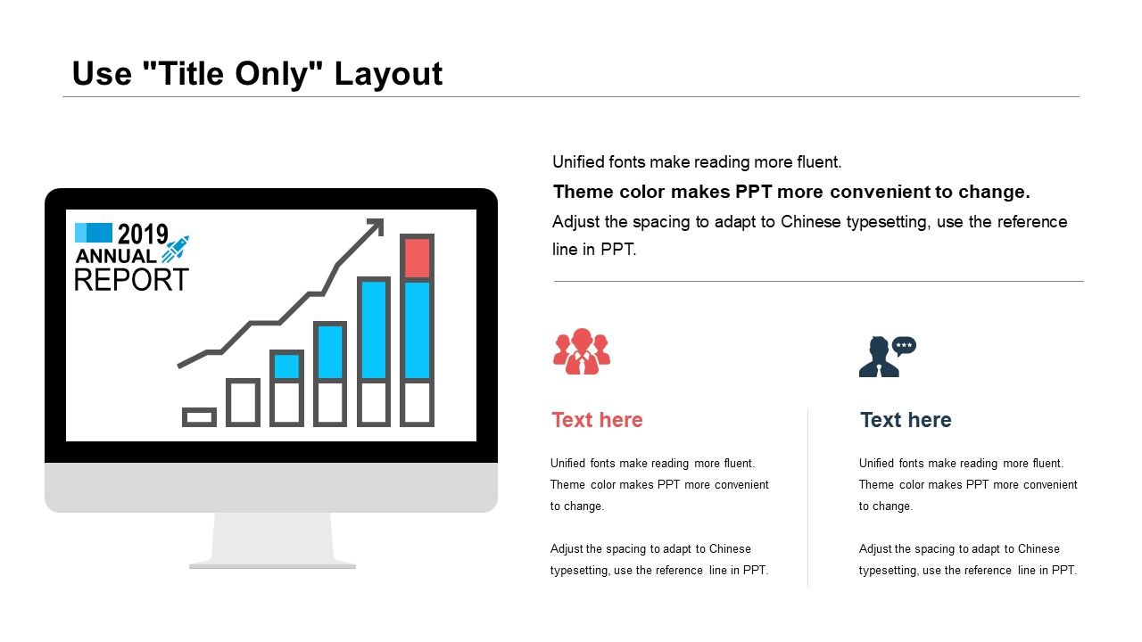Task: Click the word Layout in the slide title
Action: click(388, 75)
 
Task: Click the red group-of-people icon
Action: click(582, 351)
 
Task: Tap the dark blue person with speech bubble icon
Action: click(887, 357)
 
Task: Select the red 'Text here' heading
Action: click(597, 420)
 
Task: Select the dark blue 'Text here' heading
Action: click(906, 420)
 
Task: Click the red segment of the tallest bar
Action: click(417, 259)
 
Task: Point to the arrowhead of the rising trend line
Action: click(377, 226)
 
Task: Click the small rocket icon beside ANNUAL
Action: click(176, 249)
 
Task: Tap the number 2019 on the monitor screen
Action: click(143, 235)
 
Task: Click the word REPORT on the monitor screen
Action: click(131, 280)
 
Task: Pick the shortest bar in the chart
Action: click(199, 417)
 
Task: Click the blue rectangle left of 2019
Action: click(94, 233)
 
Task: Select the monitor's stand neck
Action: click(272, 537)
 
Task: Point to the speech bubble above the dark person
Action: click(904, 346)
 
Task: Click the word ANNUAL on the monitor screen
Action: click(116, 256)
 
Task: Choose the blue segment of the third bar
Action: click(286, 366)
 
